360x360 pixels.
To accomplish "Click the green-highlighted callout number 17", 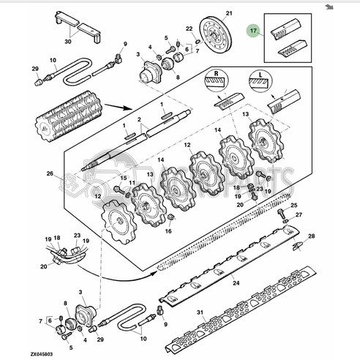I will tap(253, 31).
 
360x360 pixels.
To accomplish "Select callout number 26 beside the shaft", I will tap(50, 173).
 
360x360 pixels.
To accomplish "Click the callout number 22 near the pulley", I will tap(189, 29).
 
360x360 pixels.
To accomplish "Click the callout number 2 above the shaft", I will tap(139, 119).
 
